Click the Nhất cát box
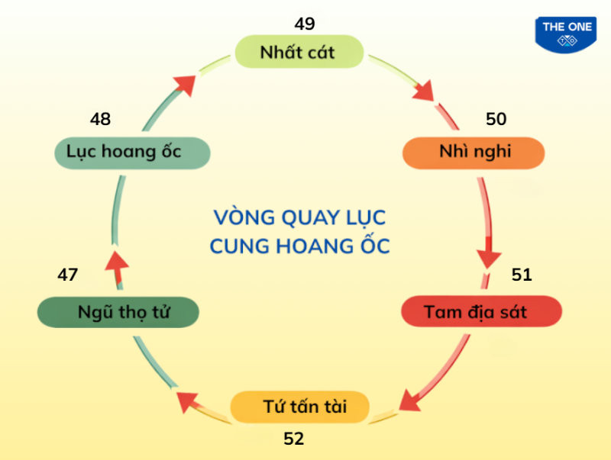pos(297,53)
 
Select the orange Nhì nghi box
pos(474,152)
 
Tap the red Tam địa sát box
pos(482,312)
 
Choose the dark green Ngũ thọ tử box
pos(118,312)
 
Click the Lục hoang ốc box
pos(132,152)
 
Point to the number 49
pos(304,24)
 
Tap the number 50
pos(496,119)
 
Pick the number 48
pos(100,119)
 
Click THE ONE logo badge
pos(567,34)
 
